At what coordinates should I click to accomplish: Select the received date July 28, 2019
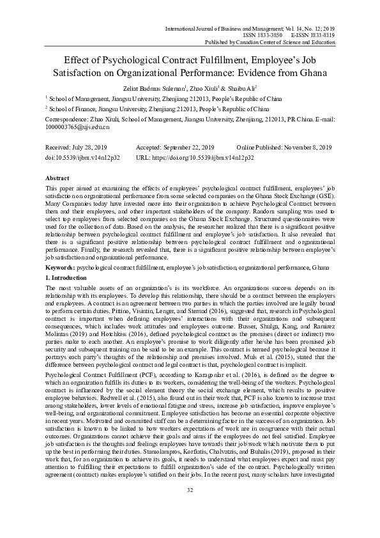(x=98, y=147)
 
